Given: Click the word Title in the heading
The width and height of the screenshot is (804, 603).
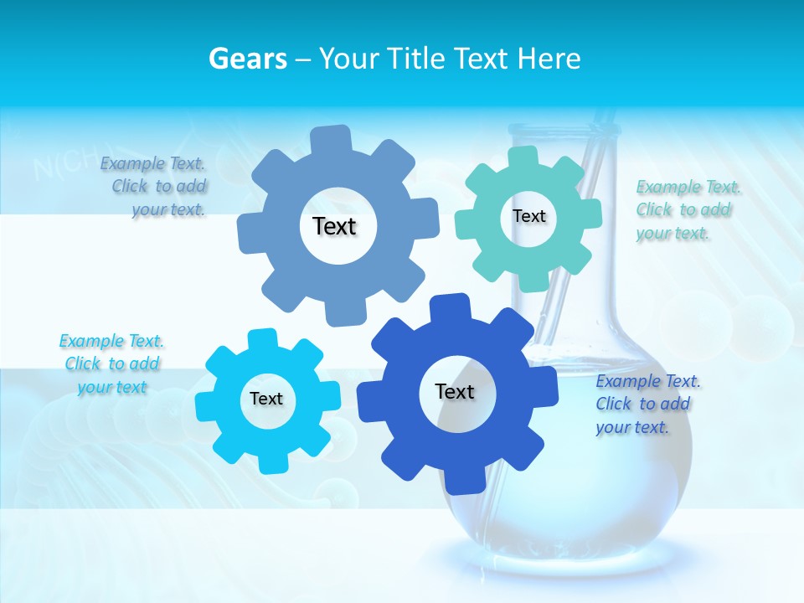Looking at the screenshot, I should tap(420, 59).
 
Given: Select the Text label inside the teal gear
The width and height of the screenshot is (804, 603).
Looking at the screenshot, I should tap(528, 216).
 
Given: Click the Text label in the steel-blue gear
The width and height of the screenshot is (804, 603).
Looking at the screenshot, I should tap(334, 226).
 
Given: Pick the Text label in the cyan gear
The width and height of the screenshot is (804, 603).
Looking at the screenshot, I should tap(266, 399).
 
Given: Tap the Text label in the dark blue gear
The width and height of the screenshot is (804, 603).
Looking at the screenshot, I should tap(455, 391).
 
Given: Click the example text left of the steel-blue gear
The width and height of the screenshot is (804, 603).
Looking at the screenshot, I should tap(154, 187).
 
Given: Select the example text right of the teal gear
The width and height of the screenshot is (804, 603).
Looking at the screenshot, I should tap(688, 210).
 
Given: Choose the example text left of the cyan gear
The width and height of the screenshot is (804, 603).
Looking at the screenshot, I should tap(111, 364).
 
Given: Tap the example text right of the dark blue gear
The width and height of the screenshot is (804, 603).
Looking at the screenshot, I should tap(647, 405).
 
